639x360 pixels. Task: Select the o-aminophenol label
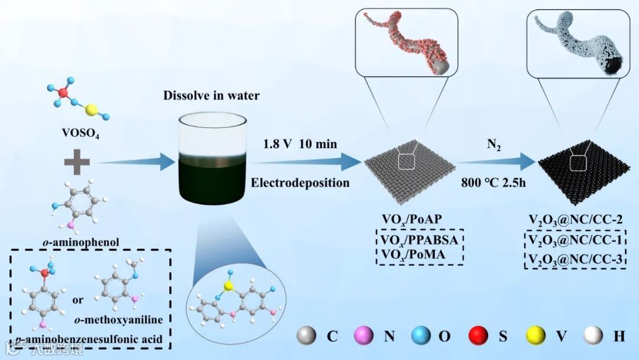click(74, 242)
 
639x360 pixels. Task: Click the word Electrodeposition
click(300, 182)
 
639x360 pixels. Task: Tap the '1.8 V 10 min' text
click(301, 144)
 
